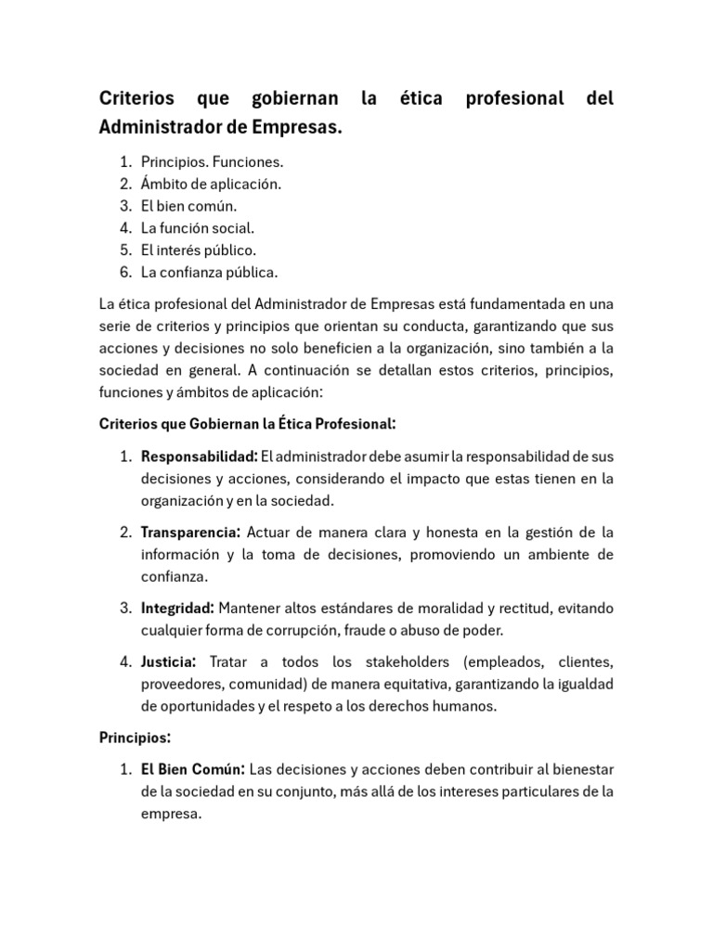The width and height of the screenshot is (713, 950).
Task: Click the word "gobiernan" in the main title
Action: [289, 98]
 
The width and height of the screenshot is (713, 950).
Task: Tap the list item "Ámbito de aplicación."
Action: [211, 184]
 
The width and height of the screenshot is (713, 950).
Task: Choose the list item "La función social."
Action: [197, 228]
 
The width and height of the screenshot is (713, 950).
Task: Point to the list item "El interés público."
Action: [198, 250]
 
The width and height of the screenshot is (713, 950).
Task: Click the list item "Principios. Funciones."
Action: [212, 161]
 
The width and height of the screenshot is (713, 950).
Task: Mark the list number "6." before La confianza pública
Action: [126, 273]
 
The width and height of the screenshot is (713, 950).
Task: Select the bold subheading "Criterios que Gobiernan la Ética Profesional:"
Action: [247, 424]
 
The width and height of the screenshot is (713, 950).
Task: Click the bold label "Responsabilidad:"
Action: [199, 456]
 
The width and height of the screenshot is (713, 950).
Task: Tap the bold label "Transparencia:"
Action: [191, 533]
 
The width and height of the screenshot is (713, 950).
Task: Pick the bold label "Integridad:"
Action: [177, 608]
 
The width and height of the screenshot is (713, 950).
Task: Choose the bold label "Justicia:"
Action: [168, 662]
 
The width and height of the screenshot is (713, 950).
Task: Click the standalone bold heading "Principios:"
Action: [135, 738]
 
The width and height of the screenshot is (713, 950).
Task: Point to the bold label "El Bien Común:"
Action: [193, 770]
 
